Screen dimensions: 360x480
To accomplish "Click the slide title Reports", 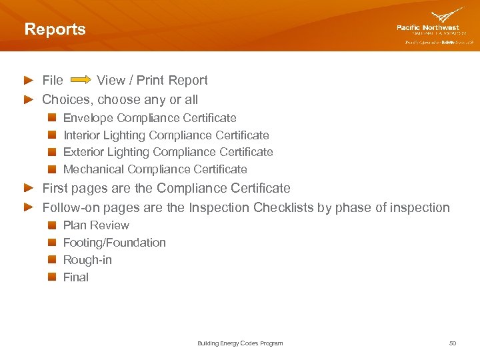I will [x=55, y=29].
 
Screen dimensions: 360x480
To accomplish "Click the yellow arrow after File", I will [x=81, y=81].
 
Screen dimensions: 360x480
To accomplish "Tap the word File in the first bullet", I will [x=53, y=81].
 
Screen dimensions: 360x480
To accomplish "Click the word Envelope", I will [x=88, y=118].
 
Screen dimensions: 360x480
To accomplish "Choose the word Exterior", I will [x=83, y=152].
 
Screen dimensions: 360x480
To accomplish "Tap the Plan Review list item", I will [x=96, y=225].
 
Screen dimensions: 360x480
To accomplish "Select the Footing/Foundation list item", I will [x=114, y=243].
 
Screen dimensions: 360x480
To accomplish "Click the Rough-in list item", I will [x=87, y=260].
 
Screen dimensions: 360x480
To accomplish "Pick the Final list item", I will [x=75, y=277].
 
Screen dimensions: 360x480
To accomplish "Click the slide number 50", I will [x=453, y=343].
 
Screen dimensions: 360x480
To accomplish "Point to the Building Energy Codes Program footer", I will [x=240, y=343].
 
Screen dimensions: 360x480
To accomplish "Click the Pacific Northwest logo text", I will [x=427, y=27].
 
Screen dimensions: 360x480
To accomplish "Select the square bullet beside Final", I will [x=52, y=277].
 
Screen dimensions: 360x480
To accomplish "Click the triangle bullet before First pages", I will [x=29, y=188].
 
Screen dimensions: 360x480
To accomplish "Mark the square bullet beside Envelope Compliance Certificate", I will [x=52, y=118].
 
